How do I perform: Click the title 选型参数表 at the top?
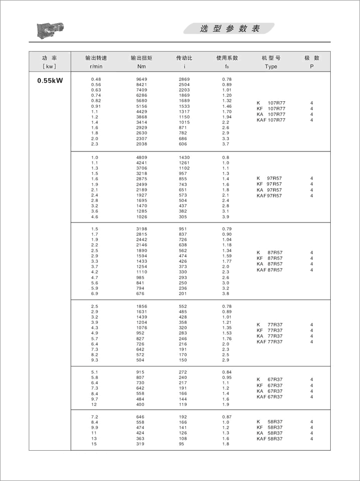click(230, 29)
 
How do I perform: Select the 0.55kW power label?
click(50, 80)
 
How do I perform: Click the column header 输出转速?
click(96, 58)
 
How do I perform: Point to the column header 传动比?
click(184, 58)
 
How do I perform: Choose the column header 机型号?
click(271, 58)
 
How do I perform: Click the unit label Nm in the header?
click(141, 66)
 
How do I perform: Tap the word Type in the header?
click(271, 66)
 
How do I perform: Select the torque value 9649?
click(141, 79)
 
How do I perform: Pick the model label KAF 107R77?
click(271, 120)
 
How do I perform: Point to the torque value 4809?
click(141, 158)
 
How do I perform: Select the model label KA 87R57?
click(269, 264)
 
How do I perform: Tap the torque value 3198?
click(141, 229)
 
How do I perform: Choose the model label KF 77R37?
click(269, 330)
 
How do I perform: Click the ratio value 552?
click(183, 306)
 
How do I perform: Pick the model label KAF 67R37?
click(269, 397)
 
